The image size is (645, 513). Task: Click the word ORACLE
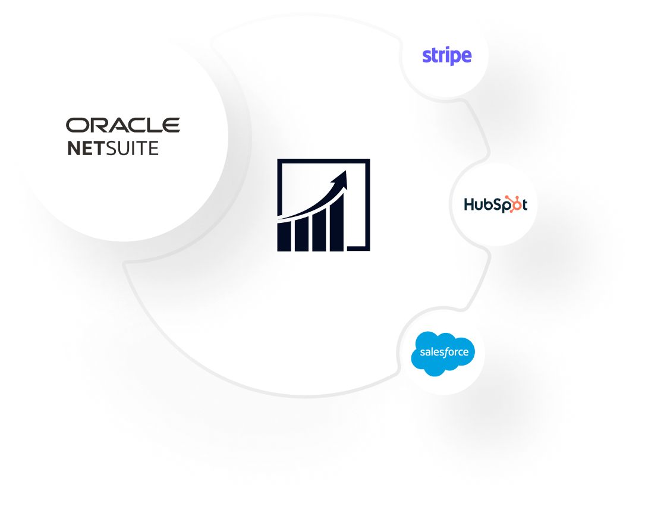(x=123, y=125)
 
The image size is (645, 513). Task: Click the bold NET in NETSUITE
(x=86, y=148)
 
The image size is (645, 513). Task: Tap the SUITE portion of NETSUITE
(x=132, y=148)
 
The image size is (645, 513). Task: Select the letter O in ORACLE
(x=74, y=125)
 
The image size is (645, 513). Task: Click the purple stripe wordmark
(x=446, y=56)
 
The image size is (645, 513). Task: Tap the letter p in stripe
(x=455, y=58)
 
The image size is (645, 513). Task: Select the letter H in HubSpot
(x=468, y=205)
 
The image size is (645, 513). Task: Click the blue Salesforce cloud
(x=443, y=354)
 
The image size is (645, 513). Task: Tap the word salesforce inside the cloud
(x=443, y=352)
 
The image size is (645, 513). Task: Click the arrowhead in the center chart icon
(x=341, y=177)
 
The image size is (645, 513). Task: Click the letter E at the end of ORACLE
(x=172, y=125)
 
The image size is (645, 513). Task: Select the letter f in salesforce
(x=446, y=352)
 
